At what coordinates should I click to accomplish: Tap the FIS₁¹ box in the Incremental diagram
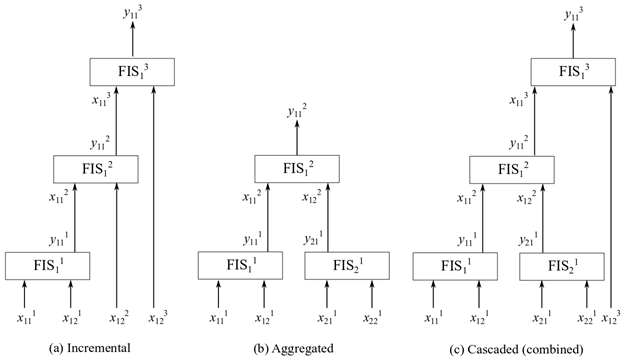48,265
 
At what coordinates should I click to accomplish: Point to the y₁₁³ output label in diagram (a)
132,13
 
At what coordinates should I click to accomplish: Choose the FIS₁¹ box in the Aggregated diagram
240,265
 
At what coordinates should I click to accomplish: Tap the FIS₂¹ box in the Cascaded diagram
555,265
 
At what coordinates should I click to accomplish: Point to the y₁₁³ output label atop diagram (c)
573,13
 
